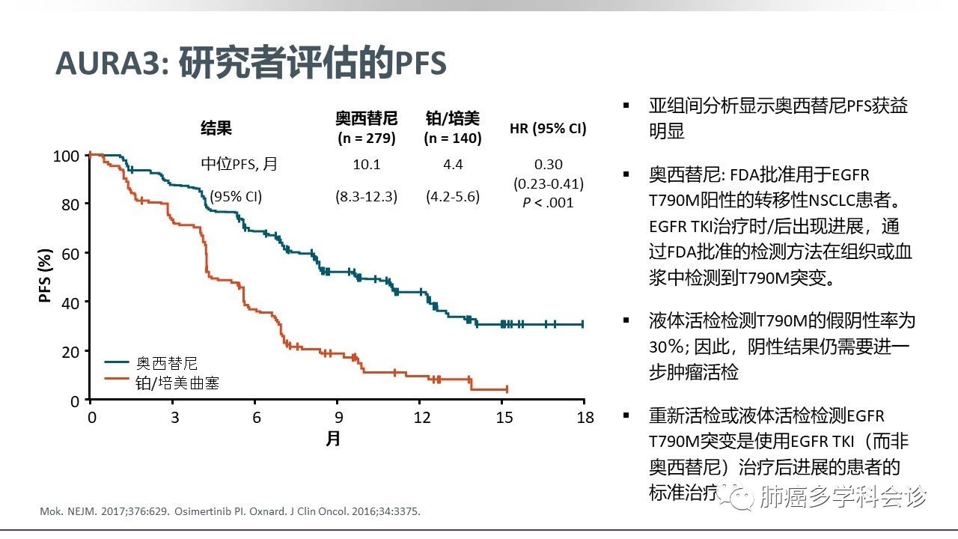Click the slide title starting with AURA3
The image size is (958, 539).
click(251, 64)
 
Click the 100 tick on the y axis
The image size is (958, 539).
click(66, 156)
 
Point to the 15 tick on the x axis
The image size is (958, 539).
click(503, 417)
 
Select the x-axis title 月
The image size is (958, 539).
click(333, 438)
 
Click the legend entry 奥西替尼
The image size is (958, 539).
click(166, 363)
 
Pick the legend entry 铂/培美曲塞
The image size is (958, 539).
click(177, 383)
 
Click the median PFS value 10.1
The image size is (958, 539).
click(366, 164)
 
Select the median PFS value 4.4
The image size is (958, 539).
click(453, 164)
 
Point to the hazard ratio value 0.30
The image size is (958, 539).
click(549, 164)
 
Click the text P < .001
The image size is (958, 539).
click(549, 202)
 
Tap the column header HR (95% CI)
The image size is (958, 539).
click(548, 128)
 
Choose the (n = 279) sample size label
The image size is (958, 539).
click(366, 138)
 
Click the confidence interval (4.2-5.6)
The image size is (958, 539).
click(453, 197)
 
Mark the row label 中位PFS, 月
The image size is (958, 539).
click(239, 164)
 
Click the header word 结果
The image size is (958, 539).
click(216, 128)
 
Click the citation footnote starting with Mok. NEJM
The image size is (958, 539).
click(229, 512)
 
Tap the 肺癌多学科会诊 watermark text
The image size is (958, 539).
click(842, 496)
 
